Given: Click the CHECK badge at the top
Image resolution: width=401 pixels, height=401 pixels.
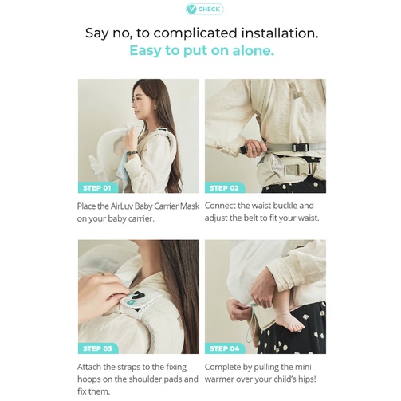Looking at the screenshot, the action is click(x=204, y=10).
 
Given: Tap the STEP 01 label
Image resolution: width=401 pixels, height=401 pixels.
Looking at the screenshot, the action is click(x=96, y=188).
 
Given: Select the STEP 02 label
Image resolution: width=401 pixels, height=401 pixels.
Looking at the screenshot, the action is click(x=224, y=188).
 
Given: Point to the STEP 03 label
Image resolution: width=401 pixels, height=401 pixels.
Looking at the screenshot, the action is click(x=97, y=348).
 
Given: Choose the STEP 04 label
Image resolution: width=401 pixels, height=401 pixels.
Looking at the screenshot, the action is click(x=224, y=348).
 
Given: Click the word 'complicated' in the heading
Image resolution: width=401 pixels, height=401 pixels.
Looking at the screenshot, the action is click(x=195, y=33).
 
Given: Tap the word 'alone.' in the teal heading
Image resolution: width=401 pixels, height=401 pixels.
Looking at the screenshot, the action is click(x=254, y=50).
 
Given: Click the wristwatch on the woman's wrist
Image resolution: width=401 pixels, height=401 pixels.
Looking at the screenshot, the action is click(x=132, y=153).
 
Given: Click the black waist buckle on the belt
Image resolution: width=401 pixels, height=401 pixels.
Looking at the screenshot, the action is click(x=301, y=147).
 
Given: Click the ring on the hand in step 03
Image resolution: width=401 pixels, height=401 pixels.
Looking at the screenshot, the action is click(x=101, y=273).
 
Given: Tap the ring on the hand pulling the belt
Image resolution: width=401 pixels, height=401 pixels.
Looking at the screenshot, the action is click(x=254, y=151).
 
